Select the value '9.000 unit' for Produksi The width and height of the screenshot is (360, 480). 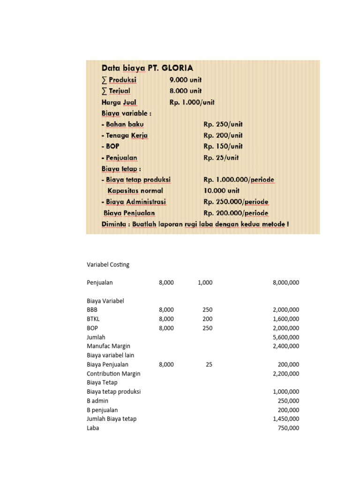click(186, 80)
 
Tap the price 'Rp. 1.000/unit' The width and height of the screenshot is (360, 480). click(192, 102)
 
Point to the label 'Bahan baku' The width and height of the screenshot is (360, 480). click(123, 124)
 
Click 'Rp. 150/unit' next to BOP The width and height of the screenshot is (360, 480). click(223, 146)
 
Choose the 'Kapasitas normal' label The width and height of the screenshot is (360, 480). click(135, 191)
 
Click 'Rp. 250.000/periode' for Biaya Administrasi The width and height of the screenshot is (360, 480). click(236, 202)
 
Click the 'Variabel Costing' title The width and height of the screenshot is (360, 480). click(108, 264)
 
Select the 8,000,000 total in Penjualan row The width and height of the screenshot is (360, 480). click(285, 283)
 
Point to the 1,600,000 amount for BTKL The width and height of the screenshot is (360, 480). click(285, 319)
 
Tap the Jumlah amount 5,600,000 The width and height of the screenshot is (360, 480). click(285, 337)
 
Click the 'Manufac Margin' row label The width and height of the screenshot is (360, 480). click(108, 346)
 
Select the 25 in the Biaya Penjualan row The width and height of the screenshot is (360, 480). click(209, 364)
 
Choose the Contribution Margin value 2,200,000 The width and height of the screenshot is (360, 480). click(285, 374)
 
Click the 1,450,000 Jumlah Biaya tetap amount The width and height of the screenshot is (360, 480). click(285, 419)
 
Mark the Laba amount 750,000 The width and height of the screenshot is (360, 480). click(289, 428)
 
